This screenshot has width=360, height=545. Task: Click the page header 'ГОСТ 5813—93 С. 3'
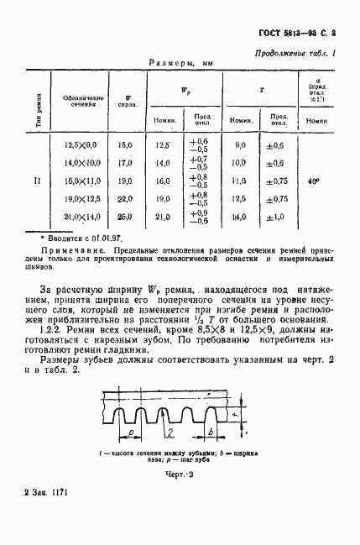[299, 34]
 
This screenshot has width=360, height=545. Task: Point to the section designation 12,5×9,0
[82, 145]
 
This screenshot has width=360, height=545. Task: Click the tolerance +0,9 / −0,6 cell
[200, 217]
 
